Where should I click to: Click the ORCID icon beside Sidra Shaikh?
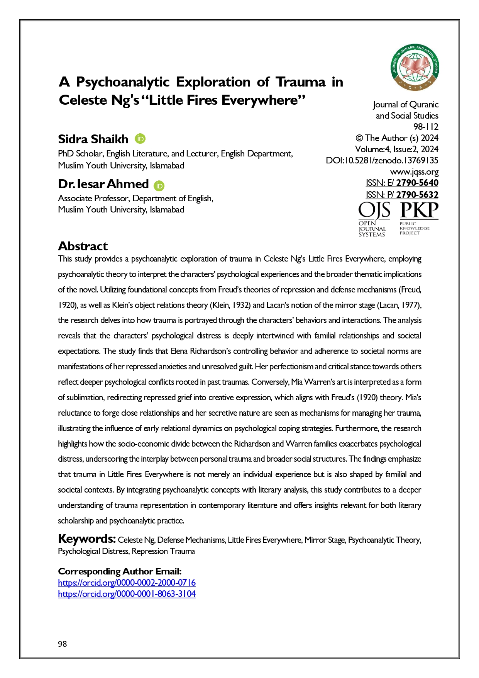140,138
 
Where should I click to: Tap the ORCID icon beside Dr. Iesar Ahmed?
159,186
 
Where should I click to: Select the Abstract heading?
83,246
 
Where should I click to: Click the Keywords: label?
87,539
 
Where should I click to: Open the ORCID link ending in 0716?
127,583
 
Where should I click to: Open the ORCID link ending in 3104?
127,594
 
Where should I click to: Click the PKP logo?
418,218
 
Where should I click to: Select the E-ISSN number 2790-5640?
417,183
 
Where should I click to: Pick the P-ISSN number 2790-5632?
417,195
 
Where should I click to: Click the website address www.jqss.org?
414,172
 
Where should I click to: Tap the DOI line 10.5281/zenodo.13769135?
382,160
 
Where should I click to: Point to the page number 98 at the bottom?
63,644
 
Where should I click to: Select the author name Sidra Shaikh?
93,139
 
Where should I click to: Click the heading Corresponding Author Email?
120,571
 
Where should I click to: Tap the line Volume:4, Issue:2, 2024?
396,149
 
